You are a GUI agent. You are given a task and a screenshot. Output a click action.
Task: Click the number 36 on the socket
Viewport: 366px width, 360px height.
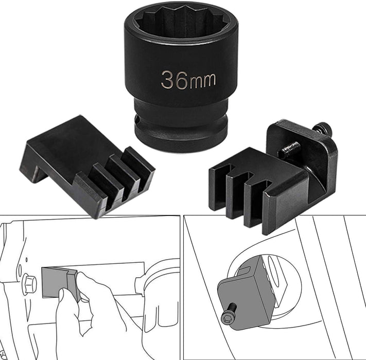coord(174,80)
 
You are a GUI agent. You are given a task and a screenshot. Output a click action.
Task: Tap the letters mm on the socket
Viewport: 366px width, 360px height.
coord(203,80)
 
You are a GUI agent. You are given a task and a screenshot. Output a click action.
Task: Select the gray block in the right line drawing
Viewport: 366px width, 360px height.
coord(245,293)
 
